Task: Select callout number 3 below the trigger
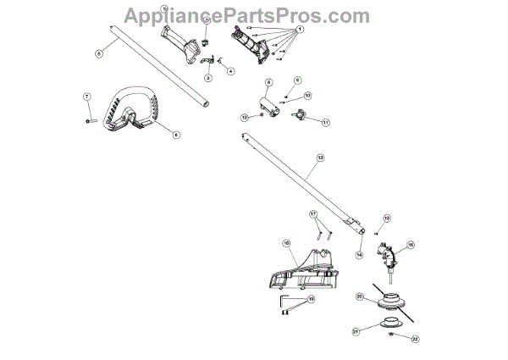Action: [x=208, y=77]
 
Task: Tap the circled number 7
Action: [x=86, y=98]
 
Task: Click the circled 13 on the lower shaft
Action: [x=320, y=158]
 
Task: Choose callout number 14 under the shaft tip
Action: [x=359, y=255]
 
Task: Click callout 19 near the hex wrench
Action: [x=310, y=300]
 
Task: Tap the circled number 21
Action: [x=356, y=331]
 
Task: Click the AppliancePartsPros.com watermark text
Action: [x=246, y=14]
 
